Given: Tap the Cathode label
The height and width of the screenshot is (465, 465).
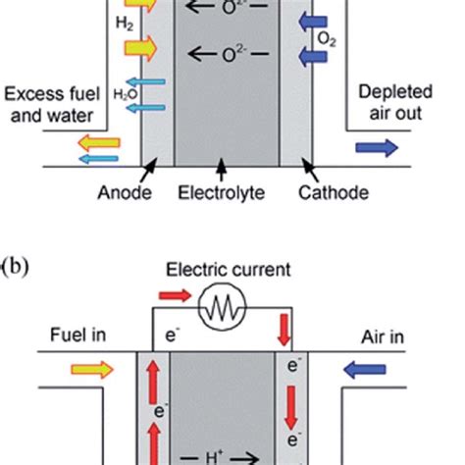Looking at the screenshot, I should click(x=335, y=193).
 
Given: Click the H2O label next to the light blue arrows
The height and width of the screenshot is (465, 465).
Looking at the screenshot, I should click(x=115, y=95).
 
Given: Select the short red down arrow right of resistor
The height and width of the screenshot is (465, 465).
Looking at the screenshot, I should click(x=284, y=330).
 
